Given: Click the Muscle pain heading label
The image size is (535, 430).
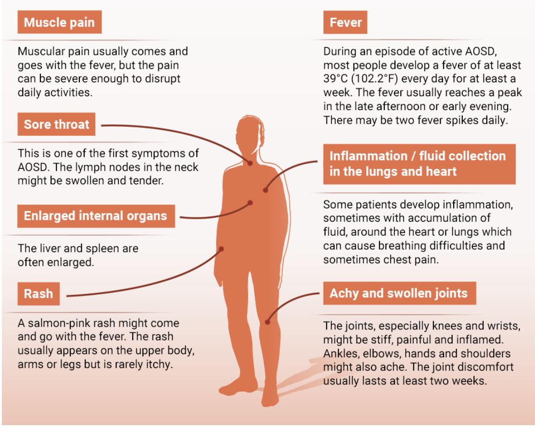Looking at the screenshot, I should [59, 23].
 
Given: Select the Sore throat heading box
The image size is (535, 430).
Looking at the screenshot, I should [56, 125].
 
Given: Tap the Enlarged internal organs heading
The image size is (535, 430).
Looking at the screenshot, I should [95, 215].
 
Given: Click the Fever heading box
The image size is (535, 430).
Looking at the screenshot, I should [345, 23].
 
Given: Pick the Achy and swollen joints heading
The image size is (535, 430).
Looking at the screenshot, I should [398, 293].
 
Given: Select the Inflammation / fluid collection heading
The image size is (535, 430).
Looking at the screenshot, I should [418, 164].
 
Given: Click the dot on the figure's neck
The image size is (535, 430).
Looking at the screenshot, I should [250, 163].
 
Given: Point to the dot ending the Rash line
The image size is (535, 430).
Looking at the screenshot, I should [222, 249].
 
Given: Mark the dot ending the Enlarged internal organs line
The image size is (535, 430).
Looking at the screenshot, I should [250, 202].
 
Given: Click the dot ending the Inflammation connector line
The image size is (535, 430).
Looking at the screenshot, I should [265, 191].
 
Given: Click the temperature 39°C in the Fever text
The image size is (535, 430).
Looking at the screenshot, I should [336, 78].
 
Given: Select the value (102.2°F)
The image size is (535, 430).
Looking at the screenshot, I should [383, 78].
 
